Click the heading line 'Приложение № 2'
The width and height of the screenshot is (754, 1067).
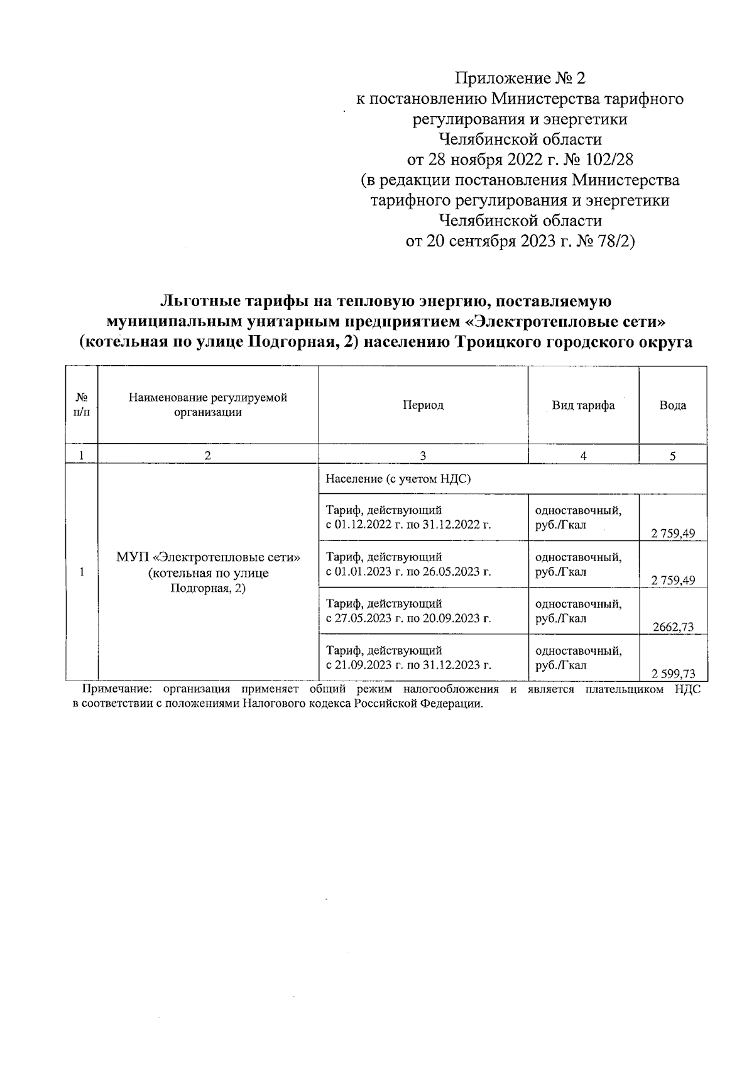pos(520,79)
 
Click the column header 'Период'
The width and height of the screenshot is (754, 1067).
pos(423,405)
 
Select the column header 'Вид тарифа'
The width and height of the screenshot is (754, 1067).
pos(583,405)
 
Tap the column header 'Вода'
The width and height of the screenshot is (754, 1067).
pos(672,405)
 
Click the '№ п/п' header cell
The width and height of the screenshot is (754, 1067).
pos(82,405)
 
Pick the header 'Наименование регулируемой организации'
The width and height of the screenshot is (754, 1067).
pos(208,405)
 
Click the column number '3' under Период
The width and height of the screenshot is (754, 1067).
pos(423,456)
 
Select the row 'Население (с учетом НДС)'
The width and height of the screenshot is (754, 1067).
pos(398,479)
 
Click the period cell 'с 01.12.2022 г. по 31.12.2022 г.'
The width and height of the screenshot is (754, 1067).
pos(408,525)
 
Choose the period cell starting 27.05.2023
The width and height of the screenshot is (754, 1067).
pos(408,618)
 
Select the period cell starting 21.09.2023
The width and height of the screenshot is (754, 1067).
pos(408,665)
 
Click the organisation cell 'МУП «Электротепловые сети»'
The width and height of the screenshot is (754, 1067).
pos(208,557)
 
